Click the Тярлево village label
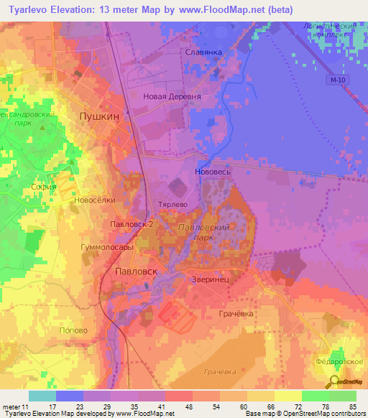pos(172,204)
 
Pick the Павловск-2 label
pos(132,224)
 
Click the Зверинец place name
pos(211,279)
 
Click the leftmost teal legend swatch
pos(42,396)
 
